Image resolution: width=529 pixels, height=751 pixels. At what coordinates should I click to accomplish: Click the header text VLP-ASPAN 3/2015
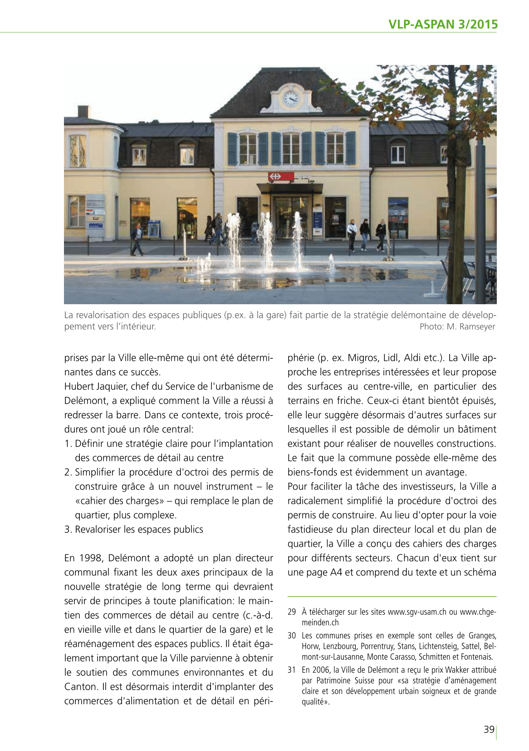[443, 25]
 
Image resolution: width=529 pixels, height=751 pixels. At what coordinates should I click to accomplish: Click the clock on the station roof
[290, 98]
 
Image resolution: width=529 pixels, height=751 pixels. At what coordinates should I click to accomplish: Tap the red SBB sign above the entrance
[281, 176]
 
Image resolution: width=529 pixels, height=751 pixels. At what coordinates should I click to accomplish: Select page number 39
[489, 729]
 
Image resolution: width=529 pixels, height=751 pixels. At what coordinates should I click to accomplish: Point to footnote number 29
[292, 612]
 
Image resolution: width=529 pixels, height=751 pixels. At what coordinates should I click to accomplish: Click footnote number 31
[292, 670]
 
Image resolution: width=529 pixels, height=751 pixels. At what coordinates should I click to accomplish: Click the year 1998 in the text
[90, 558]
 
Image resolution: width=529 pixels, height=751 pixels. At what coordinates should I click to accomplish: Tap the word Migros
[362, 358]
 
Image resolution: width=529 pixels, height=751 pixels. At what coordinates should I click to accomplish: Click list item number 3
[68, 529]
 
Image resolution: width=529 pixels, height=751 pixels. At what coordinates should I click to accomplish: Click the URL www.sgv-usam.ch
[417, 612]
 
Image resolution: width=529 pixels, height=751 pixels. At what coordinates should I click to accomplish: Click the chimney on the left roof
[83, 112]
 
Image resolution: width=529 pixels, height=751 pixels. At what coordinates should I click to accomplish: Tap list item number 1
[68, 444]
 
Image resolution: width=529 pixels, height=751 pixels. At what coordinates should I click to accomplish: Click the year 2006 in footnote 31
[322, 670]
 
